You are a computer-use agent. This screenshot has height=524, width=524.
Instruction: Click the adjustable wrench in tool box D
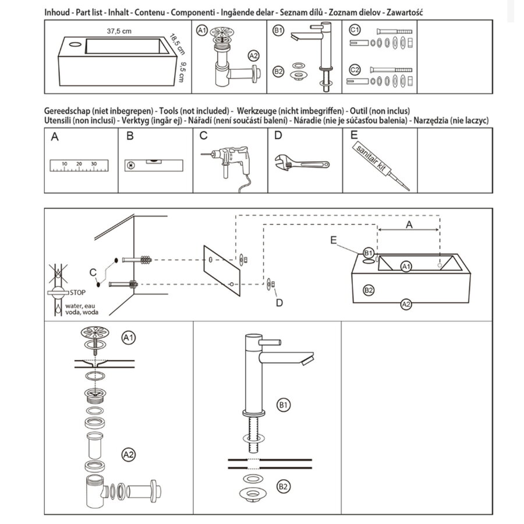(x=300, y=162)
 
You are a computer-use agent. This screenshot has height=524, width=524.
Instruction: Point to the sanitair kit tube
(x=378, y=164)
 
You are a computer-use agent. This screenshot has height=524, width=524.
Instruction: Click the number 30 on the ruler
(x=94, y=164)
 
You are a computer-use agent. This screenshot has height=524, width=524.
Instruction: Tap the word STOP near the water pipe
(x=77, y=292)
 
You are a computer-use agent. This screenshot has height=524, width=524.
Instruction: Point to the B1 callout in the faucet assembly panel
(x=284, y=404)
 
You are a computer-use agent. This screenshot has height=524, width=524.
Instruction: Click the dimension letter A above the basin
(x=409, y=224)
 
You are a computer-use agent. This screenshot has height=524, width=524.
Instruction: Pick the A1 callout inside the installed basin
(x=406, y=267)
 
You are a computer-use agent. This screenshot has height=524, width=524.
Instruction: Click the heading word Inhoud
(x=57, y=12)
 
